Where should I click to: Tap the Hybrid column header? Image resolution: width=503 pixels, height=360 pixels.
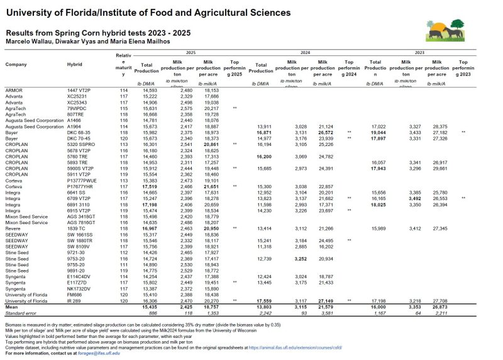(x=75, y=65)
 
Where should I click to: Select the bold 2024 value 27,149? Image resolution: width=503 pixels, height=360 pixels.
(x=324, y=302)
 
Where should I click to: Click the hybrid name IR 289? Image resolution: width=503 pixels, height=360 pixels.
(x=74, y=302)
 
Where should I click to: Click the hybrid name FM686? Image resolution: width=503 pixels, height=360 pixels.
(x=75, y=296)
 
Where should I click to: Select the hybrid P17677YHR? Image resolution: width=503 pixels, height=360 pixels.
(x=80, y=188)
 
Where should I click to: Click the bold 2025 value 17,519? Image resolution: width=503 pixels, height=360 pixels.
(x=148, y=188)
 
